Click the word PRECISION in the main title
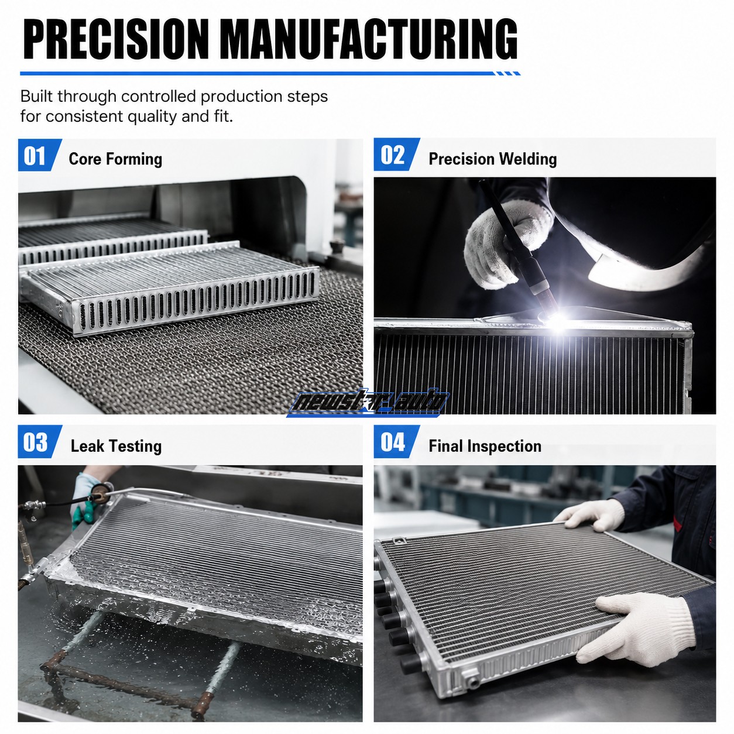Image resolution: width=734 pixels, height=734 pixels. coord(116,39)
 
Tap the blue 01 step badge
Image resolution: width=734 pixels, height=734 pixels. coord(40,155)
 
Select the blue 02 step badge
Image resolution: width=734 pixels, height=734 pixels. coord(396,155)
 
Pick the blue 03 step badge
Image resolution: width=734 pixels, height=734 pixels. coord(40,442)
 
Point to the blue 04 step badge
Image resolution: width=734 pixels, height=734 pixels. coord(396,442)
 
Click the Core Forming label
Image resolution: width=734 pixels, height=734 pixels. coord(115,159)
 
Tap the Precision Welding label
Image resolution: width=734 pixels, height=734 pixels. coord(492,159)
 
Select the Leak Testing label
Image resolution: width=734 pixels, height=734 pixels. coord(116,446)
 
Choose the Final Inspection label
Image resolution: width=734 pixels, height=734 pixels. coord(485,446)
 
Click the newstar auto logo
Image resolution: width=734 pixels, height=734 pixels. coord(368,402)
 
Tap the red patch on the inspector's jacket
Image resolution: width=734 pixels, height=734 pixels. coord(677,523)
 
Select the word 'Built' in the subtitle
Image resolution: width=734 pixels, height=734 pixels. coord(36,97)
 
